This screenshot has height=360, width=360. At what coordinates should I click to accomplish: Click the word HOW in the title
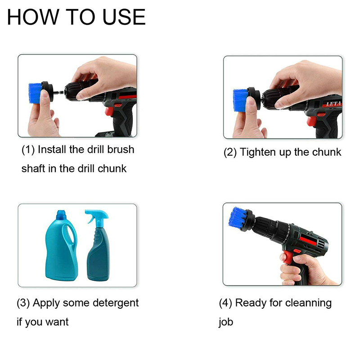(33, 17)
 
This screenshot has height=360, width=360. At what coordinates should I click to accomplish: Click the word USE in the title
(124, 17)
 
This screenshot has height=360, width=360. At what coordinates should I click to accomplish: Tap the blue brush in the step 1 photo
(35, 93)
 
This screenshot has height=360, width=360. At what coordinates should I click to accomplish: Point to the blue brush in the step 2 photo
(240, 100)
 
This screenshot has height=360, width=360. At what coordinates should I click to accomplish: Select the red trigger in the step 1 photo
(109, 111)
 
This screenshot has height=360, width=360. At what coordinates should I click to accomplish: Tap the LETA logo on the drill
(333, 104)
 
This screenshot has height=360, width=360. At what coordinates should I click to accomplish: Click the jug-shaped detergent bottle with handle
(61, 246)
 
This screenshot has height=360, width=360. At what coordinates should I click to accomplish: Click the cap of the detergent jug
(61, 215)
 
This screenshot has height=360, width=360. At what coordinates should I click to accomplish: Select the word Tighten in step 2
(258, 152)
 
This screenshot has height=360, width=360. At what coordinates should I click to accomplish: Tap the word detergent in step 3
(116, 303)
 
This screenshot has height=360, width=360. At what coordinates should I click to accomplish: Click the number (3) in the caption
(23, 303)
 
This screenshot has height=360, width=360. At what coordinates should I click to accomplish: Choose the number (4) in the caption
(225, 303)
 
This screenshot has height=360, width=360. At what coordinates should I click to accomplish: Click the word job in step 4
(226, 322)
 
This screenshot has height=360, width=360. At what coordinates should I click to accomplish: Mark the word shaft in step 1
(33, 168)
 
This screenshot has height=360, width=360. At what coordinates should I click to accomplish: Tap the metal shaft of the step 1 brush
(59, 92)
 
